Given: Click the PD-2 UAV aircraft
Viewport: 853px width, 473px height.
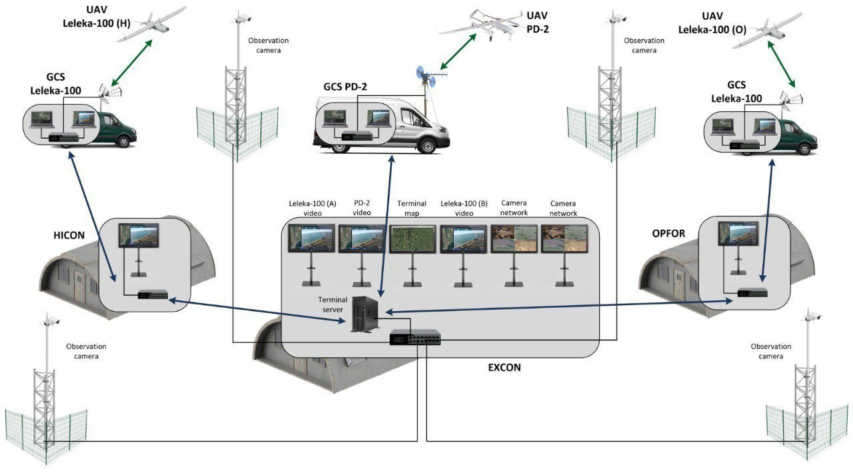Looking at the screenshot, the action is [x=480, y=24].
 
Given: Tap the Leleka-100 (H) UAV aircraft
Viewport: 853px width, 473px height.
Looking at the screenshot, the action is [x=151, y=23].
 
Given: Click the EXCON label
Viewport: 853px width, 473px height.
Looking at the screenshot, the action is [x=504, y=368].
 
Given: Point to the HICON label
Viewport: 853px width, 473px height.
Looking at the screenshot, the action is [x=69, y=235].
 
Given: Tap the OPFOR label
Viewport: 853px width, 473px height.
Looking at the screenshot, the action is [x=668, y=233].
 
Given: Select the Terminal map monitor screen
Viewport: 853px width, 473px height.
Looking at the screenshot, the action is [x=412, y=238].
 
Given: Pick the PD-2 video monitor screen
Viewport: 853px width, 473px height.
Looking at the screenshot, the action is [x=361, y=238].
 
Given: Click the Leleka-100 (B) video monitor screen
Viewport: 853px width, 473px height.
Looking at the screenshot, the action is [x=463, y=238].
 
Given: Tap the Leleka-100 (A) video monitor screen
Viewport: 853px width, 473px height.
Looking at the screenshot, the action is [x=311, y=238].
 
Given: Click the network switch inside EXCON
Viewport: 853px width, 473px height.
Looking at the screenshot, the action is [x=415, y=337].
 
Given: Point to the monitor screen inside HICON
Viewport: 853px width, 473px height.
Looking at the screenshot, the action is [x=139, y=236].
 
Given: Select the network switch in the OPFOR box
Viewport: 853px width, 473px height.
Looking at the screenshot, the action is [x=752, y=293].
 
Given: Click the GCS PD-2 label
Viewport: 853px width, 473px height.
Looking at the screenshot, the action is [x=345, y=87].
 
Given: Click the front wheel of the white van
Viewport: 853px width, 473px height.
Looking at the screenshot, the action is [x=427, y=145].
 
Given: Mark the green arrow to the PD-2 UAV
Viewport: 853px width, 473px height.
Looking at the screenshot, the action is [x=458, y=51].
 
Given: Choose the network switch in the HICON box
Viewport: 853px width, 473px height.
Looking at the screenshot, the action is [x=153, y=294].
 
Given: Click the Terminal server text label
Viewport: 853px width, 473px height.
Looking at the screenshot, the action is [x=333, y=304].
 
